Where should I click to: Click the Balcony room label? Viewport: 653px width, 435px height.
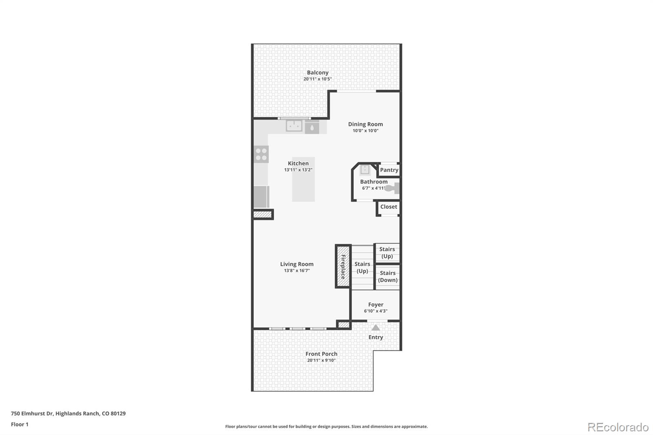(318, 73)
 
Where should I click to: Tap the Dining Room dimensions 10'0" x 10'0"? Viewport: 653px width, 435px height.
(365, 131)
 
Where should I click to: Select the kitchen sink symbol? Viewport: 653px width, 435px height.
(294, 126)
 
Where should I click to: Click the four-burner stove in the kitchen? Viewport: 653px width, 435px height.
(261, 154)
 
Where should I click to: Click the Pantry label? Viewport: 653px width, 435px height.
(389, 170)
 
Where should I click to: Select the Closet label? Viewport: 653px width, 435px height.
(389, 207)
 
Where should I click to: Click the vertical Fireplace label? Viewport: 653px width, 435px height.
(343, 267)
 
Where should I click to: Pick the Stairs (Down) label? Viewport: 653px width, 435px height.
(387, 277)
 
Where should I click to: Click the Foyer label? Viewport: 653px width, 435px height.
(375, 304)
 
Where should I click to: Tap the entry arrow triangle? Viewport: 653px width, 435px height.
(375, 328)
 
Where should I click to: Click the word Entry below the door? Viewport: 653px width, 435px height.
(375, 337)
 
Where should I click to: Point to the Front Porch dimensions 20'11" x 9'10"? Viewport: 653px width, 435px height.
(321, 360)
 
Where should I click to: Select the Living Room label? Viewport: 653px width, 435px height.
(297, 264)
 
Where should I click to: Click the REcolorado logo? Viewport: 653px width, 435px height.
(617, 427)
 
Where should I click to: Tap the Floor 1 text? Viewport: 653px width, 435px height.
(20, 424)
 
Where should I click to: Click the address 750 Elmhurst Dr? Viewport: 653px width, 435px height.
(32, 413)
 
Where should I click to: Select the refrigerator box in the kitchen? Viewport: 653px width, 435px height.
(261, 197)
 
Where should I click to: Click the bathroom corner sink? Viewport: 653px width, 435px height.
(364, 169)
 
